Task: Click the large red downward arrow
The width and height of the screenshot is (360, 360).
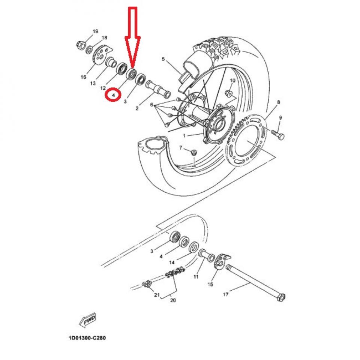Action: click(x=132, y=37)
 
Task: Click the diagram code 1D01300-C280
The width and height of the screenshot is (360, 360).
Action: click(x=87, y=338)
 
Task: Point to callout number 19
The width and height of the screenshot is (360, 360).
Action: click(x=95, y=31)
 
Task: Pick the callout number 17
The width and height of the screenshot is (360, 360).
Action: click(x=226, y=294)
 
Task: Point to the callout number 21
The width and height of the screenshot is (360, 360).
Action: click(x=156, y=295)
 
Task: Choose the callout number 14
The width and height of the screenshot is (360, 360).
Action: click(x=172, y=263)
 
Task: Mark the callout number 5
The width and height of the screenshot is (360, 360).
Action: click(x=163, y=59)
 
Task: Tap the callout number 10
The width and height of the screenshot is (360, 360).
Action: click(x=232, y=81)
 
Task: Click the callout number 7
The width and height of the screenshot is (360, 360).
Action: click(x=181, y=148)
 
